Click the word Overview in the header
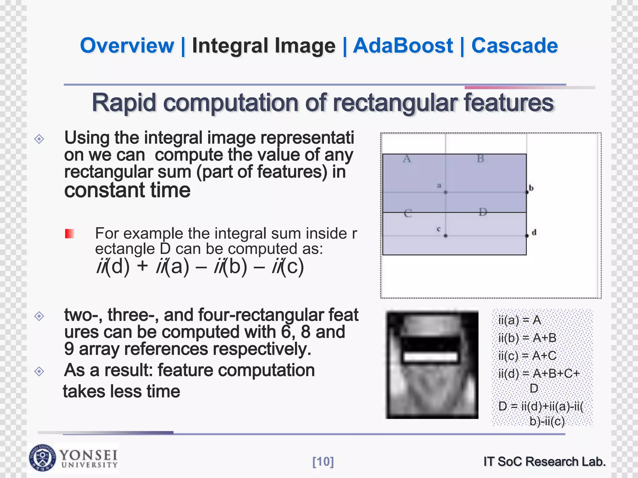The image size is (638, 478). coord(127,45)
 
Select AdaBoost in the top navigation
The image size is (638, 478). coord(402,45)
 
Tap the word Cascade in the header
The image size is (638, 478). coord(514,45)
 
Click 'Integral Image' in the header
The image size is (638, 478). coord(264,45)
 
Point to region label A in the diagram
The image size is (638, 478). coord(407,159)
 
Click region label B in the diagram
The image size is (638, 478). coord(480,159)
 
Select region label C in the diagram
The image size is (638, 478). coord(408,213)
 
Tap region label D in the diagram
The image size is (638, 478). coord(483,212)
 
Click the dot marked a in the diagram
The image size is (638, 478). coord(445,192)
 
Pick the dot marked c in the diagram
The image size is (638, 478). coord(445,236)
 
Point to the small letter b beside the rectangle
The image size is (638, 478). coord(531,188)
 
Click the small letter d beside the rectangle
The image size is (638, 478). coord(534,232)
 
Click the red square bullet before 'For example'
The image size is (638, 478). coord(69,233)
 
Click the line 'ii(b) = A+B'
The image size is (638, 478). coord(527,338)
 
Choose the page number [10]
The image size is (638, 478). coord(323,462)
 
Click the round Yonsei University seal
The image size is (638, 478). coord(43,457)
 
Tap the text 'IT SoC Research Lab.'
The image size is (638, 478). coord(544,462)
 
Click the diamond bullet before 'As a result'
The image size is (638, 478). coord(39,371)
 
